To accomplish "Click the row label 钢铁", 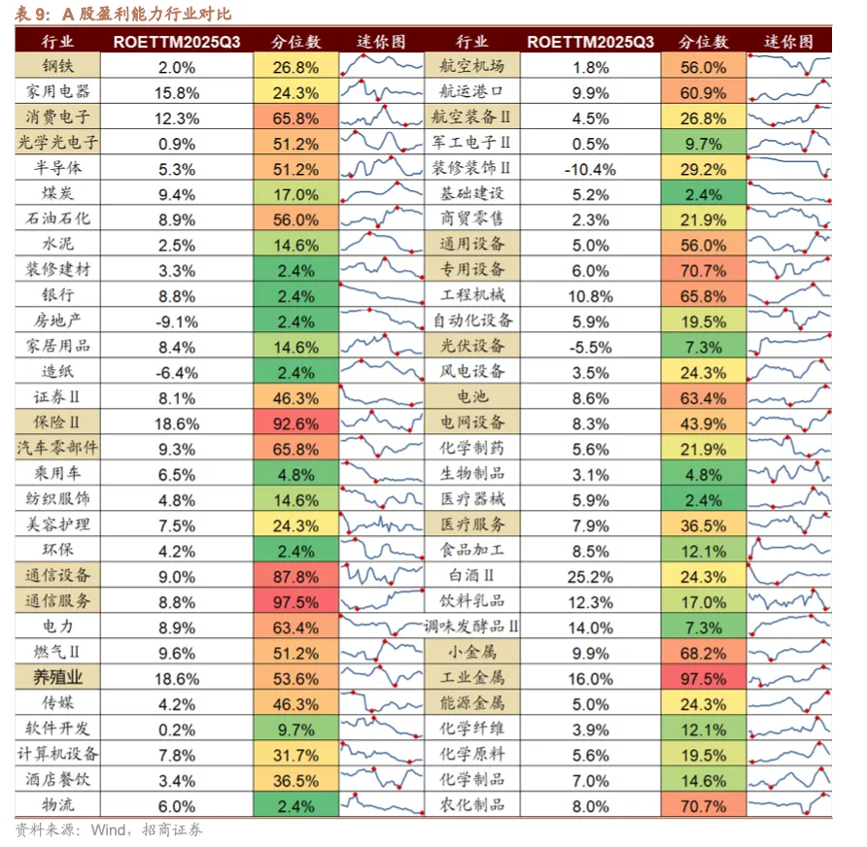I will tap(58, 67).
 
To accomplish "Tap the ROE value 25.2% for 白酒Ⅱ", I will tap(590, 576).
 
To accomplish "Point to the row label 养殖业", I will tap(58, 678).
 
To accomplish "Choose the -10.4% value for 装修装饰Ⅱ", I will tap(590, 169).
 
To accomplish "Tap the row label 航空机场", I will tap(472, 67).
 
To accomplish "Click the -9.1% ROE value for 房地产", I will tap(177, 322).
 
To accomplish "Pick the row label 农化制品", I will tap(472, 805).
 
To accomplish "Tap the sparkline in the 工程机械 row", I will tap(789, 296).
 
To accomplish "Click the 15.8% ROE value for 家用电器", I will tap(177, 93).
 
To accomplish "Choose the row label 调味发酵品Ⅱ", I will tap(472, 627).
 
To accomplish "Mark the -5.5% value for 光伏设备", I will tap(590, 347).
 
